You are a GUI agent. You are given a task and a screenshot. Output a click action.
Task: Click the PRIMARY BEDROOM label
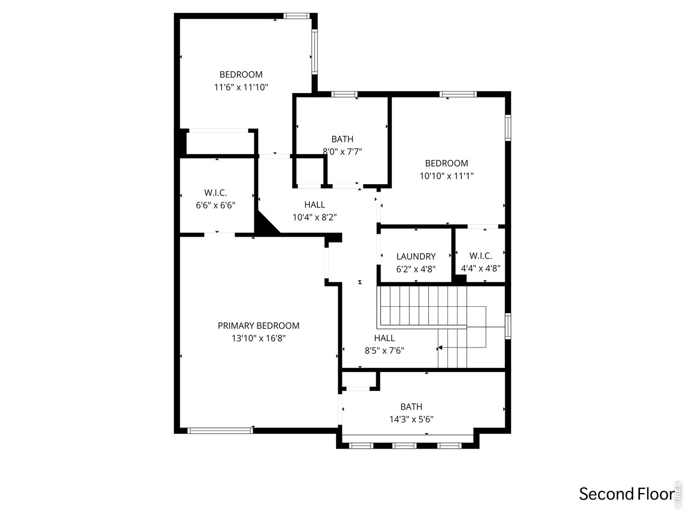pyautogui.click(x=258, y=326)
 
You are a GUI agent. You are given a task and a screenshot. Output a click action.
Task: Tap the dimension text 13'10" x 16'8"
pyautogui.click(x=258, y=338)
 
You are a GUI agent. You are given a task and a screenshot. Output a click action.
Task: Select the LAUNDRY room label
pyautogui.click(x=416, y=256)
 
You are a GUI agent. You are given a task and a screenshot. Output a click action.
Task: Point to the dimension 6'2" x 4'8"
pyautogui.click(x=416, y=269)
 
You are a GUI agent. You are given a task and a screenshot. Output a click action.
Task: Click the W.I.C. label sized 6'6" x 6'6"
pyautogui.click(x=216, y=192)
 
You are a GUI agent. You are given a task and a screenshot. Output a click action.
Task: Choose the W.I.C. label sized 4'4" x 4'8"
pyautogui.click(x=481, y=256)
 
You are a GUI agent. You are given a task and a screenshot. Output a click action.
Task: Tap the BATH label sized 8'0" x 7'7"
pyautogui.click(x=342, y=139)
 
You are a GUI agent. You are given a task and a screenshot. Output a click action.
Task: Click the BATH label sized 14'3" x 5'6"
pyautogui.click(x=411, y=406)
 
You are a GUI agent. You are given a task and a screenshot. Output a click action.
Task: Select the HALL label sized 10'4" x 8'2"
pyautogui.click(x=315, y=205)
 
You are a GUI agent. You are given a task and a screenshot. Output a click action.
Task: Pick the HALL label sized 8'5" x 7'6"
pyautogui.click(x=384, y=338)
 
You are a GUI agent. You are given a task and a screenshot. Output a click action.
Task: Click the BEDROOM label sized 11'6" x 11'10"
pyautogui.click(x=241, y=74)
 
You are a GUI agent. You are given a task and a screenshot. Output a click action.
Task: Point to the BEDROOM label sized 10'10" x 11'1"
pyautogui.click(x=446, y=163)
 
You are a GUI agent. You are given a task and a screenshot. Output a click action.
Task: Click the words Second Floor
pyautogui.click(x=626, y=494)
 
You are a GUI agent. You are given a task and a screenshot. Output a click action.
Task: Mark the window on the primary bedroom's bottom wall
pyautogui.click(x=220, y=430)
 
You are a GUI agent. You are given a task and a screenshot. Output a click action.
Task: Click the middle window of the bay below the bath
pyautogui.click(x=405, y=445)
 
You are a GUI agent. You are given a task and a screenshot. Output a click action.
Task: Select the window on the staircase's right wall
pyautogui.click(x=508, y=326)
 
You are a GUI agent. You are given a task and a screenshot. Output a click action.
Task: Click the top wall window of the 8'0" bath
pyautogui.click(x=344, y=95)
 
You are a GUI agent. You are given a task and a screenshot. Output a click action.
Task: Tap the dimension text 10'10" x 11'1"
pyautogui.click(x=446, y=176)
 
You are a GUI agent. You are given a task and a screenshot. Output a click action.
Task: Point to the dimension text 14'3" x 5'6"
pyautogui.click(x=411, y=419)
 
